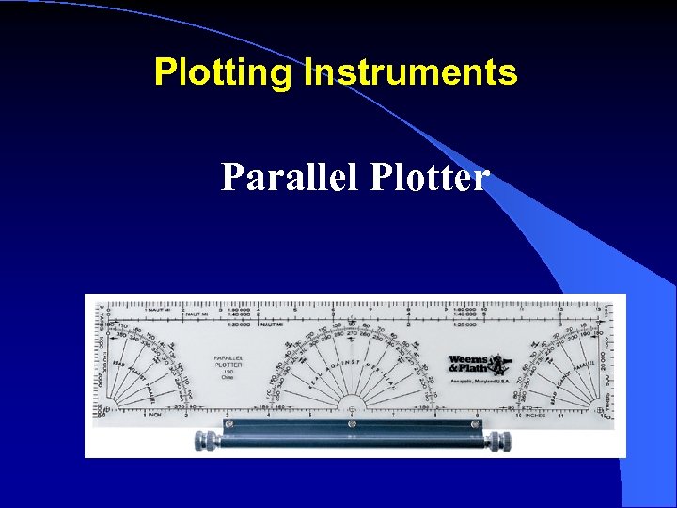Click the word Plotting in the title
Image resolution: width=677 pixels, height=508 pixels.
tap(224, 72)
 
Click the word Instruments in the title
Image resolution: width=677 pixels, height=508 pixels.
tap(410, 72)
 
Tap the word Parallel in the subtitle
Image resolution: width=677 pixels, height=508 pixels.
tap(291, 176)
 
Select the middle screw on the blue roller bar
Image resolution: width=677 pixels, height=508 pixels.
tap(352, 424)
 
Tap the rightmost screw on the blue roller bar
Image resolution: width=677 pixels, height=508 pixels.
tap(477, 424)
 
